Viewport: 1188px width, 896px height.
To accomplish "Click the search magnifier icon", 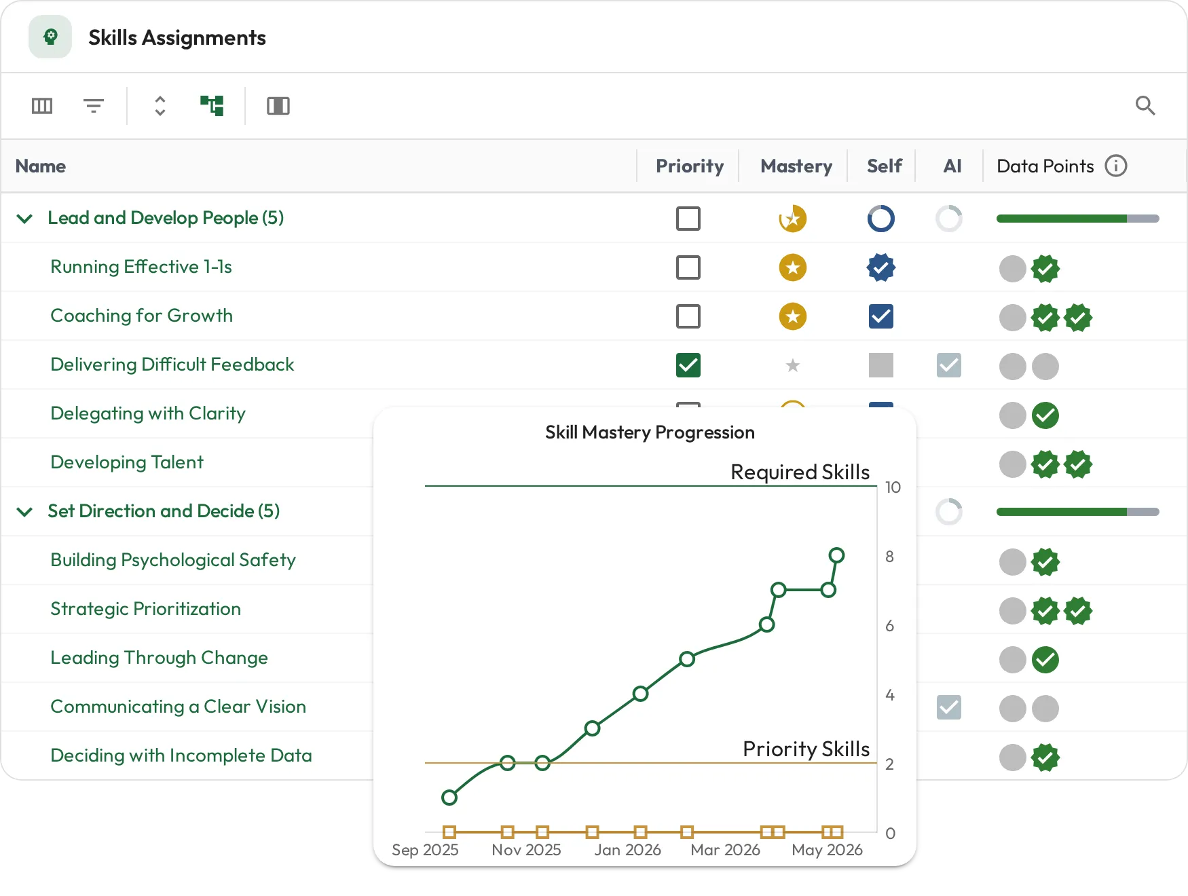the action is (x=1145, y=105).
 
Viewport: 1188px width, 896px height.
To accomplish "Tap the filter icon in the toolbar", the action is (x=94, y=106).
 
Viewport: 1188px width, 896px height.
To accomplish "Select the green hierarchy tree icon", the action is (x=212, y=105).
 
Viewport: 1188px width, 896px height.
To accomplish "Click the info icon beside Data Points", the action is (x=1116, y=166).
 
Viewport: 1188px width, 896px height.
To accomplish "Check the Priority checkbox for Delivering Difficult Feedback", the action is (x=688, y=365).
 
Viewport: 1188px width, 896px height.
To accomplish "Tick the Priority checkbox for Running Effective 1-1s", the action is (x=688, y=267).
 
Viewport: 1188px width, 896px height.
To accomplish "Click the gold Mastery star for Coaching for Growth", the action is (x=793, y=316).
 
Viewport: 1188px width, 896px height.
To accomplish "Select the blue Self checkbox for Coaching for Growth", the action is (x=881, y=316).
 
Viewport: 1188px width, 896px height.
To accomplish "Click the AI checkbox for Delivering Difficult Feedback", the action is (x=949, y=365).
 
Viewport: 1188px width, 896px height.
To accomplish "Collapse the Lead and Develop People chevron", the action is (x=24, y=219).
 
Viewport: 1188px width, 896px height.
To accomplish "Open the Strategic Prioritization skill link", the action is (x=146, y=609).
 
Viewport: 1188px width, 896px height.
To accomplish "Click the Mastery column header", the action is (x=796, y=166).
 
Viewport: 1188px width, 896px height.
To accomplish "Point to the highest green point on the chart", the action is (x=837, y=555).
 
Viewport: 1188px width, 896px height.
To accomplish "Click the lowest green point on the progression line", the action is (x=449, y=798).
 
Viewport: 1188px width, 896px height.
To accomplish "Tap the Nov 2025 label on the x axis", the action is (x=527, y=850).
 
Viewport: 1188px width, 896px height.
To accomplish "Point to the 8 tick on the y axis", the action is (x=889, y=557).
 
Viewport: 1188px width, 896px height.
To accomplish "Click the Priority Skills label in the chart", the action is (x=806, y=749).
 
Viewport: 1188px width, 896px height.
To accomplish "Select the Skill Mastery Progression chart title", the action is (x=650, y=432).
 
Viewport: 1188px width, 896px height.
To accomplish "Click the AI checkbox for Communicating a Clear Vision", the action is (x=949, y=707).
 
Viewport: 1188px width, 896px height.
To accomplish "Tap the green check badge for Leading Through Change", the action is (x=1045, y=660).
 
